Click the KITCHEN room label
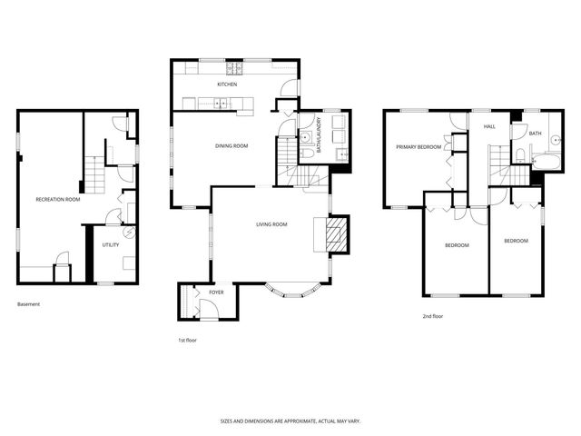click(227, 84)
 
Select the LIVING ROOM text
click(271, 224)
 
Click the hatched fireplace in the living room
click(337, 233)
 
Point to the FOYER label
click(216, 292)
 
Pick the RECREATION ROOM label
click(57, 199)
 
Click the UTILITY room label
click(111, 244)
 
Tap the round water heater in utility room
click(129, 233)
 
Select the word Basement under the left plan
click(29, 304)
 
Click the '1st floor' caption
click(187, 340)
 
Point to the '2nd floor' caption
click(432, 316)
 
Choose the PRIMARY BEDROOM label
click(418, 147)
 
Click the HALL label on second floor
click(488, 126)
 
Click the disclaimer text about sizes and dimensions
click(290, 421)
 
